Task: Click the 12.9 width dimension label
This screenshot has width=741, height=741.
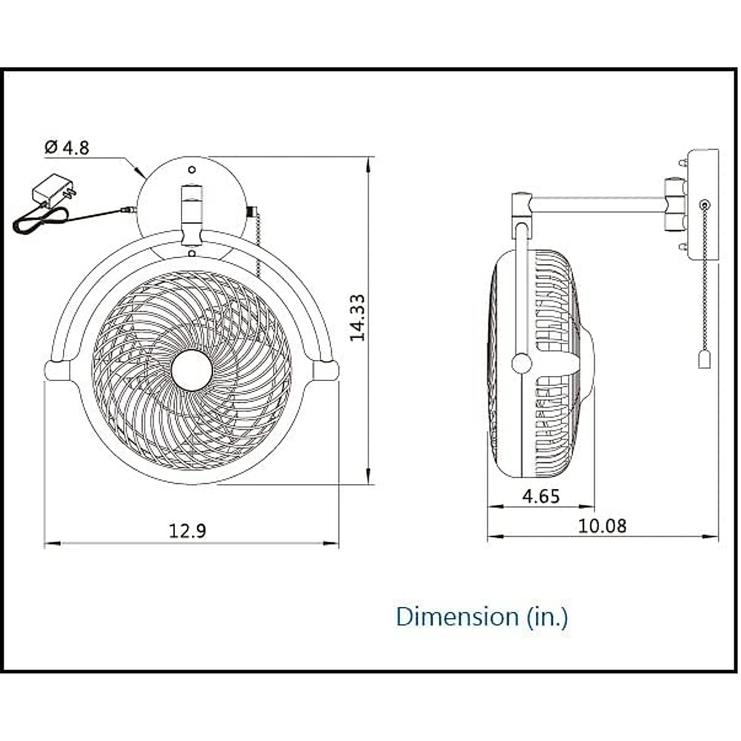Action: (188, 530)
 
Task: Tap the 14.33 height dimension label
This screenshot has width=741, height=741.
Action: (357, 317)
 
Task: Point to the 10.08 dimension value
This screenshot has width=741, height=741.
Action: (602, 525)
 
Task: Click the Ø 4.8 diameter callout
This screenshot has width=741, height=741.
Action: (67, 148)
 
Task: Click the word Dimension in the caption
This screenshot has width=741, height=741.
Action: (457, 616)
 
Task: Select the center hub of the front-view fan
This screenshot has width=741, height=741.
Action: (192, 370)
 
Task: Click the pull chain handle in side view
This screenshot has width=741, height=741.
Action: (705, 359)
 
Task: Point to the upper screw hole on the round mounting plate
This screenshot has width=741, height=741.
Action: (191, 169)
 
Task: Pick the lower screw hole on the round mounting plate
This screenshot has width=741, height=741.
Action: (191, 253)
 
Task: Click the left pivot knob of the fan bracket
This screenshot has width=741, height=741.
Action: (57, 369)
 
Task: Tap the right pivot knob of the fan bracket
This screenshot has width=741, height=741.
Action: (326, 369)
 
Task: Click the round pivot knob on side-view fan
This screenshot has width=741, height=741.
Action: (522, 363)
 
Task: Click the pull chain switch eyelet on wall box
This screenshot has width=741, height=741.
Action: (704, 204)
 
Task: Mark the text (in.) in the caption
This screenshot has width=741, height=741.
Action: (547, 616)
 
